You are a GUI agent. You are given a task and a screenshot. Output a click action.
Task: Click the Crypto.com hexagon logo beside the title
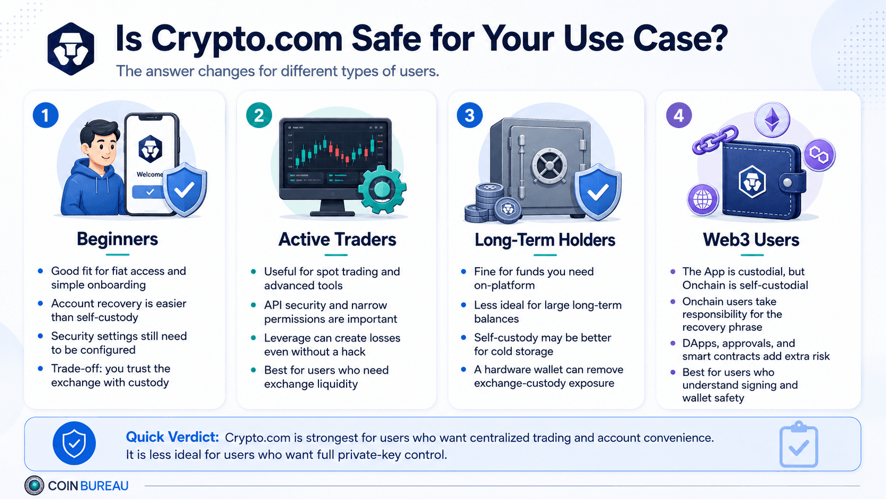[x=71, y=49]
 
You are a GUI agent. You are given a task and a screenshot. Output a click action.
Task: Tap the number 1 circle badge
[x=46, y=115]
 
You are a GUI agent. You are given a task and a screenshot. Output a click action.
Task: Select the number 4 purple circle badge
[x=679, y=116]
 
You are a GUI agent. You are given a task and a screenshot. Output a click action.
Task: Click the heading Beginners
[x=117, y=239]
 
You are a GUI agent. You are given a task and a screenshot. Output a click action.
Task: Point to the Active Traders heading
[x=337, y=239]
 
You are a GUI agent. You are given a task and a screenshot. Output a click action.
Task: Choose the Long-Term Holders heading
[x=545, y=240]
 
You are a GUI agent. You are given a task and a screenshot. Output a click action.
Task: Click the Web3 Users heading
[x=751, y=240]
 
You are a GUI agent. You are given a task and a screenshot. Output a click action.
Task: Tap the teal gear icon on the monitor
[x=382, y=189]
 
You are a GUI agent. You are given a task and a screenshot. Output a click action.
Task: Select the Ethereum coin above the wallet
[x=772, y=120]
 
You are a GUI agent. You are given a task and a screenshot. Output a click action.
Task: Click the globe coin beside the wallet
[x=703, y=199]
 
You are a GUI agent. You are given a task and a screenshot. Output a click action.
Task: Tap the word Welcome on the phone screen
[x=149, y=174]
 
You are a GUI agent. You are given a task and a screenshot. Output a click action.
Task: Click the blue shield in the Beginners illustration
[x=184, y=189]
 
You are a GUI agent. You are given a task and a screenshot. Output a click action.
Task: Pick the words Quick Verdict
[x=172, y=437]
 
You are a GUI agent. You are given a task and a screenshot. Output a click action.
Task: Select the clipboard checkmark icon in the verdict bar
[x=798, y=444]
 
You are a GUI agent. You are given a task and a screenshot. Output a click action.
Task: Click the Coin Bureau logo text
[x=88, y=486]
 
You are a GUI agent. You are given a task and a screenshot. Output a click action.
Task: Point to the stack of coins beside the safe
[x=491, y=203]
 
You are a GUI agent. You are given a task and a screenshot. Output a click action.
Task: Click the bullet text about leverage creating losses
[x=332, y=345]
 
